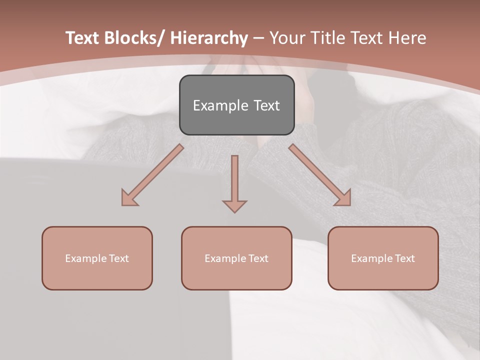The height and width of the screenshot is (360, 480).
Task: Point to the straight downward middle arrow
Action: pyautogui.click(x=234, y=182)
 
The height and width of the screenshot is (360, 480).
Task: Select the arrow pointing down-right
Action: pyautogui.click(x=320, y=175)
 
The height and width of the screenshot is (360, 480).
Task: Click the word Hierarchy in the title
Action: pyautogui.click(x=209, y=38)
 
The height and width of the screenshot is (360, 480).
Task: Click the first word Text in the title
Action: pyautogui.click(x=83, y=38)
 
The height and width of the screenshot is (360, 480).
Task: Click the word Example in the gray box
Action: pyautogui.click(x=220, y=106)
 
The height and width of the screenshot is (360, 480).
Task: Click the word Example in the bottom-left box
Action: pyautogui.click(x=86, y=258)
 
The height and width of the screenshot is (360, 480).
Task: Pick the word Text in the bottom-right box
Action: pyautogui.click(x=404, y=258)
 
